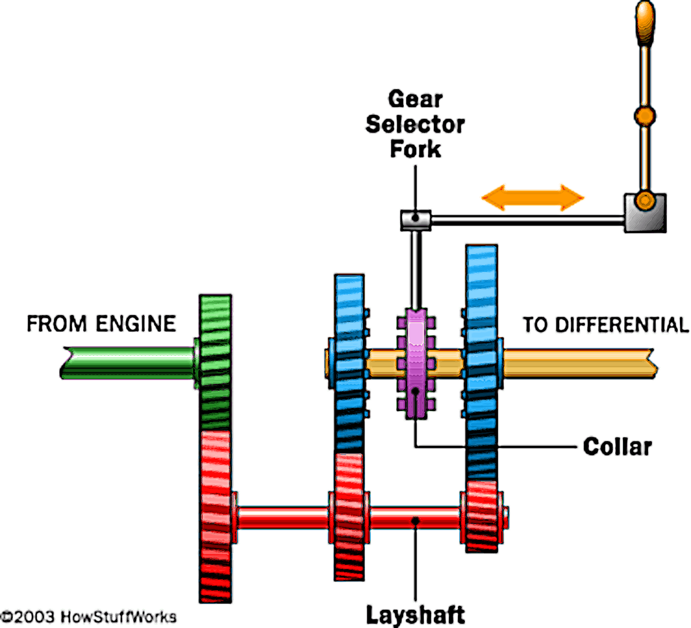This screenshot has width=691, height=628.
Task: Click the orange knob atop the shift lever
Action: click(x=645, y=22)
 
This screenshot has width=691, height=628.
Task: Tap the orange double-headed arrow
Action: click(x=533, y=197)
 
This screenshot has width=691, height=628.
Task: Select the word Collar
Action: click(x=617, y=447)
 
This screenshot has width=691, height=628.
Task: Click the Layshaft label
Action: click(x=415, y=615)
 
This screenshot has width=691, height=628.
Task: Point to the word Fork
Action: click(x=415, y=149)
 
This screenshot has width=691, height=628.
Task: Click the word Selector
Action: click(x=415, y=124)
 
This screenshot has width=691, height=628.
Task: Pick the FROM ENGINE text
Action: click(x=101, y=324)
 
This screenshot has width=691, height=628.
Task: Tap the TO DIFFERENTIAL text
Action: click(x=606, y=325)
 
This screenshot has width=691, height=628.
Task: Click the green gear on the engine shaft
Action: click(x=215, y=361)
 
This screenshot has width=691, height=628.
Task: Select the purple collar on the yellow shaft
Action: click(x=416, y=363)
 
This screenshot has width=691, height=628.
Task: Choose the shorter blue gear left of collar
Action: click(x=349, y=363)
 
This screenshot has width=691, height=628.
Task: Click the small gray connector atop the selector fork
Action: click(x=416, y=220)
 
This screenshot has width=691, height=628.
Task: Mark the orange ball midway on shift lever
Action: click(x=645, y=116)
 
